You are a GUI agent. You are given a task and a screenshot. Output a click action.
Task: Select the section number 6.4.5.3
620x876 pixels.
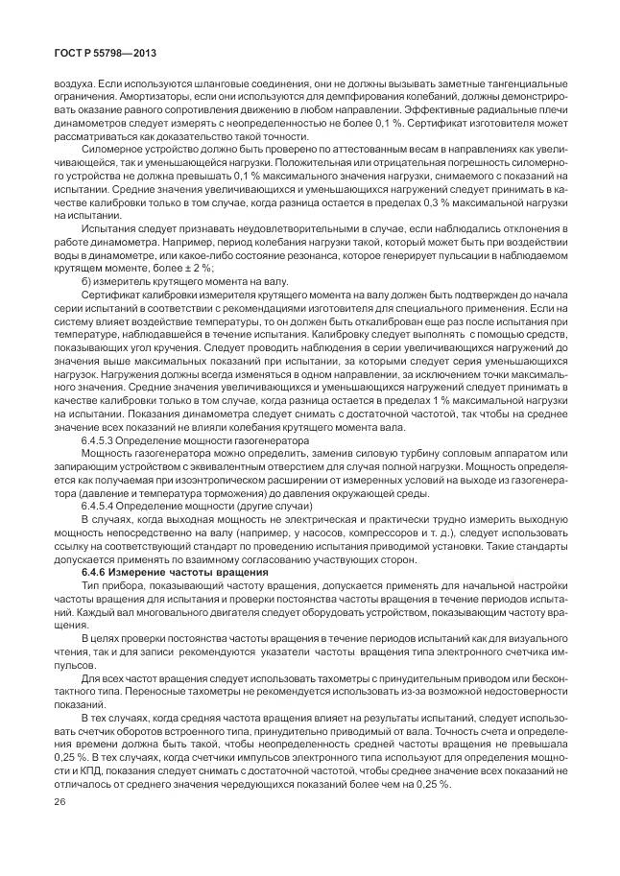point(103,439)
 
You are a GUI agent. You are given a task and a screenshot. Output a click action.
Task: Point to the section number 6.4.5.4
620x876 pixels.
point(103,505)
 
